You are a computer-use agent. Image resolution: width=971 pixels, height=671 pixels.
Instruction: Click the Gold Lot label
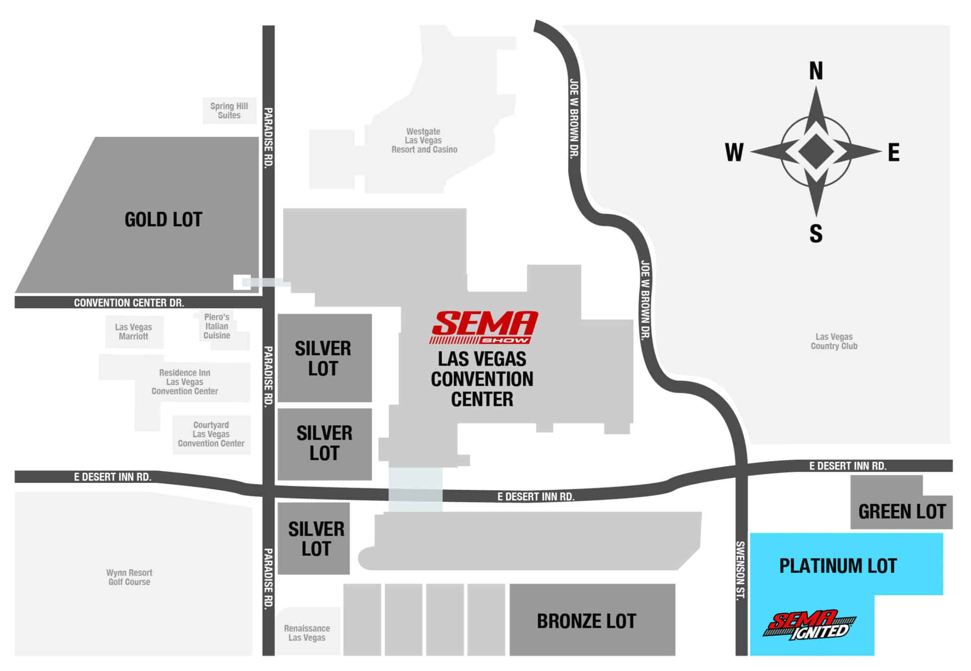(163, 220)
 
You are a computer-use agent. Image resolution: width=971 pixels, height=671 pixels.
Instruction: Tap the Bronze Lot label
(586, 621)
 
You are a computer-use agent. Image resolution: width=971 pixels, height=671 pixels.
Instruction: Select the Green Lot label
(902, 512)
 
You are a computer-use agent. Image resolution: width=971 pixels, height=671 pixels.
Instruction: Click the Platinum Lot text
(838, 566)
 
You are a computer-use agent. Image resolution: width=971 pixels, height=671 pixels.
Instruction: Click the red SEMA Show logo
(484, 327)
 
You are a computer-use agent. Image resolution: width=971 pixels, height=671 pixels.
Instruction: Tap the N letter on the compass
(815, 71)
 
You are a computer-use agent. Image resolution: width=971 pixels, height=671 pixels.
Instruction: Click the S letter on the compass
(815, 234)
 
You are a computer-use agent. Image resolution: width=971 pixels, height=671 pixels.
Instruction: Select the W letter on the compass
(734, 153)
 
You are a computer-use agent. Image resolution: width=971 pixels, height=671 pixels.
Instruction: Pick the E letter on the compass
(893, 153)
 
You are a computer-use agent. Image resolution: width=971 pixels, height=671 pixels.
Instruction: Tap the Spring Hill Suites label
(229, 110)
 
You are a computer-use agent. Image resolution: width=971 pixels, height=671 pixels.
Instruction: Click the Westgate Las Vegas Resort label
(424, 140)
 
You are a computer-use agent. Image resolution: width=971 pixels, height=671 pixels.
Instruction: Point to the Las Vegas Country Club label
(834, 341)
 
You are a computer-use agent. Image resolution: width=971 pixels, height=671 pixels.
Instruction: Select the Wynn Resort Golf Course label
(129, 577)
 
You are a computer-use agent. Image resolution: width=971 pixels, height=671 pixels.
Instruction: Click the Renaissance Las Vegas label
(307, 633)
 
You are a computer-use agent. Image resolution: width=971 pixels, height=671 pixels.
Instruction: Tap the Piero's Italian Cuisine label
(217, 326)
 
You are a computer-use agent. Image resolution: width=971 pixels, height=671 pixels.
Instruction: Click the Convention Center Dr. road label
(129, 303)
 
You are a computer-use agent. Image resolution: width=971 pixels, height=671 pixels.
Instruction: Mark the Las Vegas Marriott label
(133, 331)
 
